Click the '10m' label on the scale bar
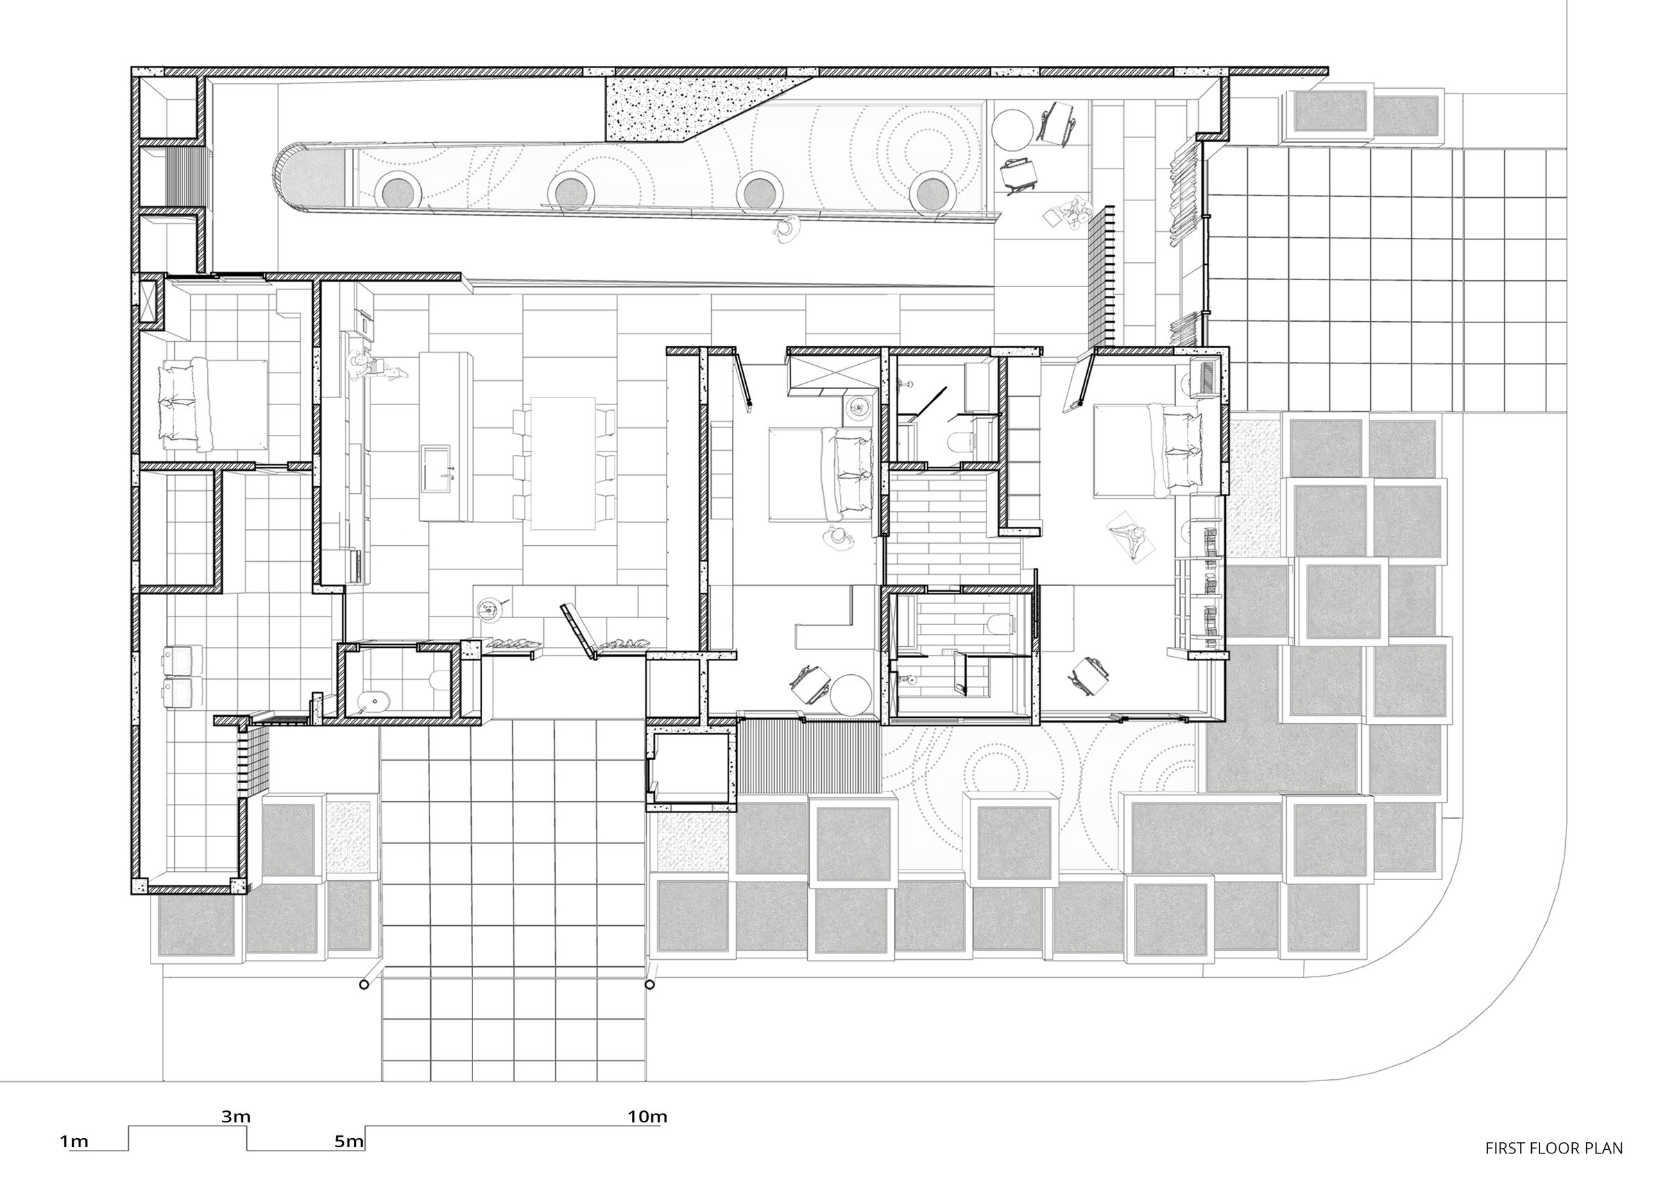point(647,1116)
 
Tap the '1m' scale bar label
point(74,1142)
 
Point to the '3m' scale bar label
point(236,1116)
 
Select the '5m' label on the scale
point(348,1142)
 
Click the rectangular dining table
point(563,462)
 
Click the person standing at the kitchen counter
point(359,364)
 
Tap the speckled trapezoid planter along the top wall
point(689,109)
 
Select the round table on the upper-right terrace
point(1013,128)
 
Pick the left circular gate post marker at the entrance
point(364,984)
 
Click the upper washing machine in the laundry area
point(177,659)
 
